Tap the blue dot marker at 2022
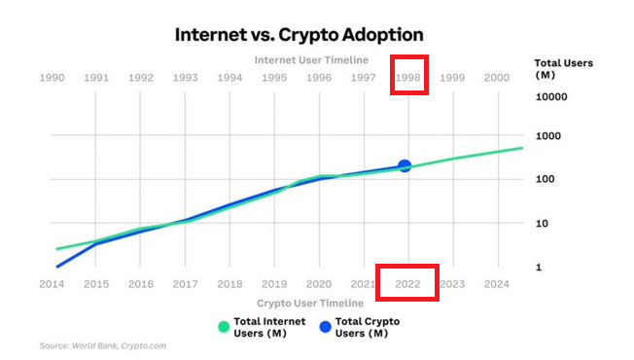(405, 166)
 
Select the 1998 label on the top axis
(407, 77)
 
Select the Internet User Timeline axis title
(310, 59)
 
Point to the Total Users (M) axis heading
(563, 69)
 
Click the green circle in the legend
(225, 327)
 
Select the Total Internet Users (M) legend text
(270, 327)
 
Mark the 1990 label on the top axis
(52, 77)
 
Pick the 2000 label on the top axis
(496, 77)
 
